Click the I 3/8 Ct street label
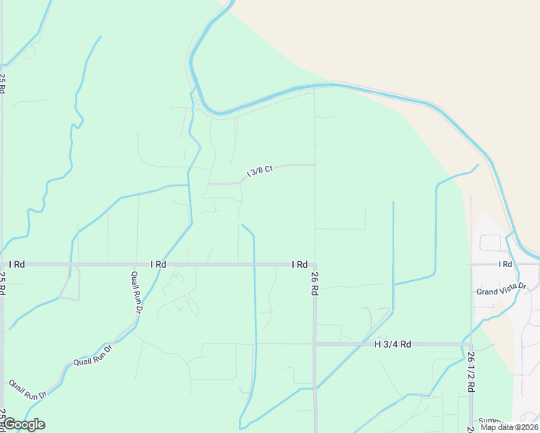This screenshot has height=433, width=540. coord(259,171)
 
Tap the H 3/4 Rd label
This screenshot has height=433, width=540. coord(393,344)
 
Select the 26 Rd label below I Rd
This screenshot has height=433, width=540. coord(315,284)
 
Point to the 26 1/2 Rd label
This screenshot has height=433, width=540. coord(471,372)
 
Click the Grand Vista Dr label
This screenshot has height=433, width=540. coord(502,289)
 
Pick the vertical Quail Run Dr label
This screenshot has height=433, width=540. coord(136,292)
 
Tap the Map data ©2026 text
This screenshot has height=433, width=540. coord(508,427)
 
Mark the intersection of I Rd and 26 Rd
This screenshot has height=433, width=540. coord(315,265)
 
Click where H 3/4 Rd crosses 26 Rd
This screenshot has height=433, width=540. coord(315,344)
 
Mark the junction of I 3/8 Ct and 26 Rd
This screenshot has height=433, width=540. coord(315,165)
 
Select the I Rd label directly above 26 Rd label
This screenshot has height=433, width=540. coord(300,265)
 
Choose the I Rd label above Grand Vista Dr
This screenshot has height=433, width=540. coord(504,265)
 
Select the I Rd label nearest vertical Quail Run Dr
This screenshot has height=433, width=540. coord(158,265)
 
